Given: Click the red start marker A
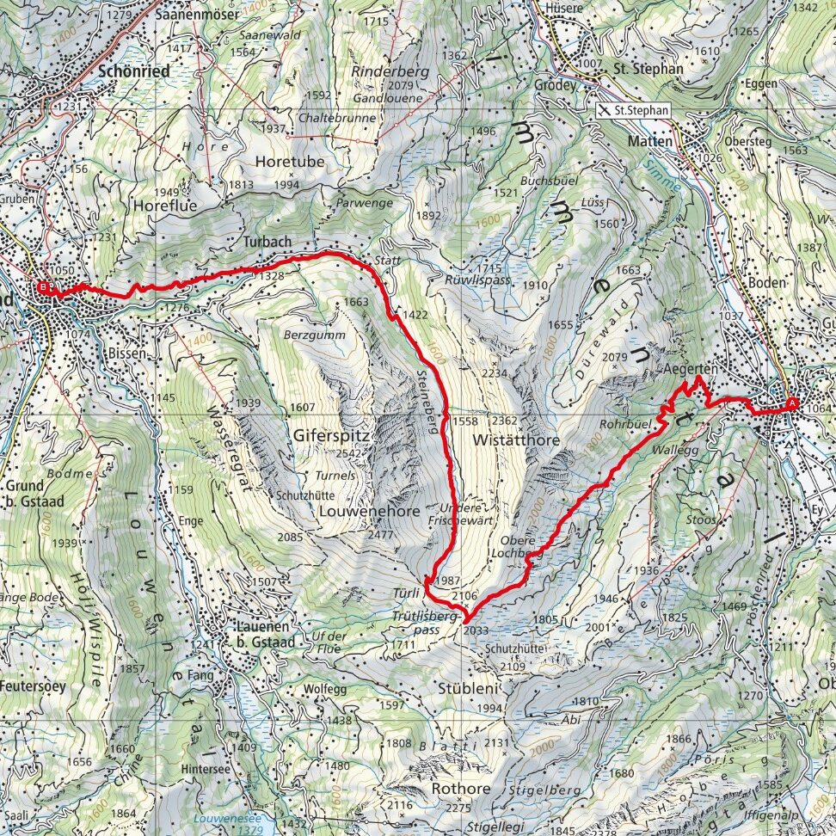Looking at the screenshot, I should click(x=791, y=402).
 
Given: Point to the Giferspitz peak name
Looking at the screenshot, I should click(x=331, y=436).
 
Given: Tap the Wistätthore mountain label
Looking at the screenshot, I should click(x=516, y=440).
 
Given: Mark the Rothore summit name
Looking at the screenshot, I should click(x=460, y=789).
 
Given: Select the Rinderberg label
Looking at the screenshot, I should click(x=390, y=72).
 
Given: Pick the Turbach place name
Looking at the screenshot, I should click(x=265, y=243).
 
